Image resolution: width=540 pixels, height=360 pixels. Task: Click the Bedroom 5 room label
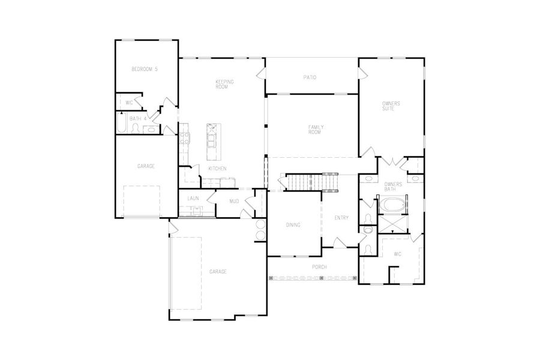(x=145, y=70)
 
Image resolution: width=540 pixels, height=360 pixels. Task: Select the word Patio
(x=310, y=77)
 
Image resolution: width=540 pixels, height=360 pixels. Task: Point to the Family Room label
(x=314, y=129)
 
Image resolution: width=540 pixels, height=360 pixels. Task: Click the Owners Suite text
(x=391, y=106)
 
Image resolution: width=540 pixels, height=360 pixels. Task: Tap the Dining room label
(x=293, y=225)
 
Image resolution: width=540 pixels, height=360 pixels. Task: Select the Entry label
(x=341, y=217)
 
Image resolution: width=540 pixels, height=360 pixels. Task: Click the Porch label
(x=319, y=267)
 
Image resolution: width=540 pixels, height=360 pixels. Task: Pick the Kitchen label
(x=217, y=169)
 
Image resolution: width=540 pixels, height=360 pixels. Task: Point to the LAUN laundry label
(x=193, y=198)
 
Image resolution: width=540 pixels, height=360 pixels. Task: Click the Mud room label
(x=235, y=202)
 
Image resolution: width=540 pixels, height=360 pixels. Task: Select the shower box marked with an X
(x=393, y=224)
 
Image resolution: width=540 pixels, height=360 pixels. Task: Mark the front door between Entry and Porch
(x=340, y=243)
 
